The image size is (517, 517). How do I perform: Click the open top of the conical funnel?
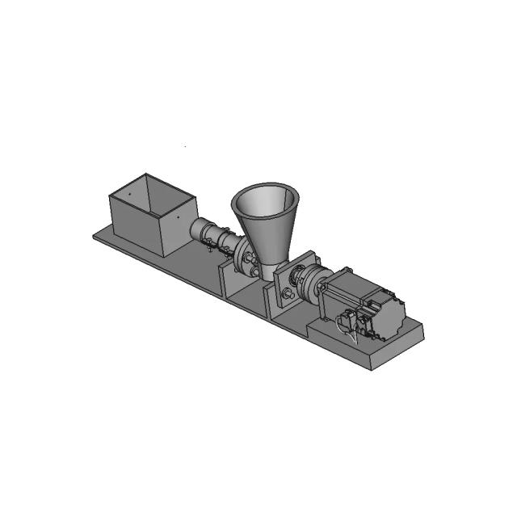[x=265, y=199]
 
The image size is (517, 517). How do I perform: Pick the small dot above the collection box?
[x=185, y=146]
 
